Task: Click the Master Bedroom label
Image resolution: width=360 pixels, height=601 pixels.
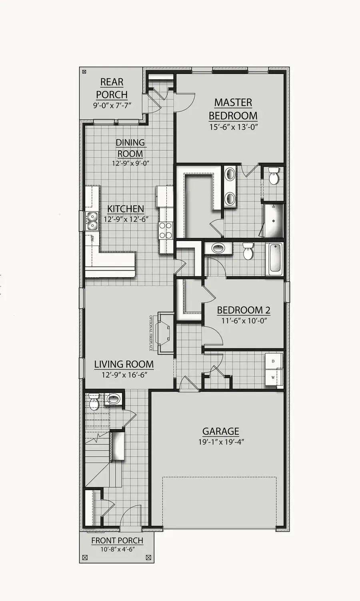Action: tap(233, 109)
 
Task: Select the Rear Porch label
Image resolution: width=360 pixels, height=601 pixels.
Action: tap(112, 88)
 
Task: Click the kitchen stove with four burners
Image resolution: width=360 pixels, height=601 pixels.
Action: tap(166, 230)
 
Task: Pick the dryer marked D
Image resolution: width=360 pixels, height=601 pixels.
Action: tap(273, 361)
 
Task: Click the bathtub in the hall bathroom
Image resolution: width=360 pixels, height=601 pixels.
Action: tap(275, 259)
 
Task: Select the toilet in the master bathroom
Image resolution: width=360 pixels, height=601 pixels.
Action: tap(274, 176)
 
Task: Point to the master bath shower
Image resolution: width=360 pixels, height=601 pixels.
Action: tap(273, 221)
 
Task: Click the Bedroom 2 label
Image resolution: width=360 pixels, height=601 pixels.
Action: tap(243, 310)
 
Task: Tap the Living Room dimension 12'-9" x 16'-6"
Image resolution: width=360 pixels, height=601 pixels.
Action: tap(124, 375)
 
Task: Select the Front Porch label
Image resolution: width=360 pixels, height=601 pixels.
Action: tap(117, 541)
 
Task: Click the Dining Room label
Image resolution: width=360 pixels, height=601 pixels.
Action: tap(130, 148)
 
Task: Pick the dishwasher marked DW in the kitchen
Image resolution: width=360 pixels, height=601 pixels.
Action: tap(92, 239)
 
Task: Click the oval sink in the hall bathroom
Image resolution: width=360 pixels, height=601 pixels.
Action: tap(218, 248)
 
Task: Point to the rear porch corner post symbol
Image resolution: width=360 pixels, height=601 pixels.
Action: tap(84, 72)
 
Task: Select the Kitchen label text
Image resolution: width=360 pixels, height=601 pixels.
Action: tap(126, 209)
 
